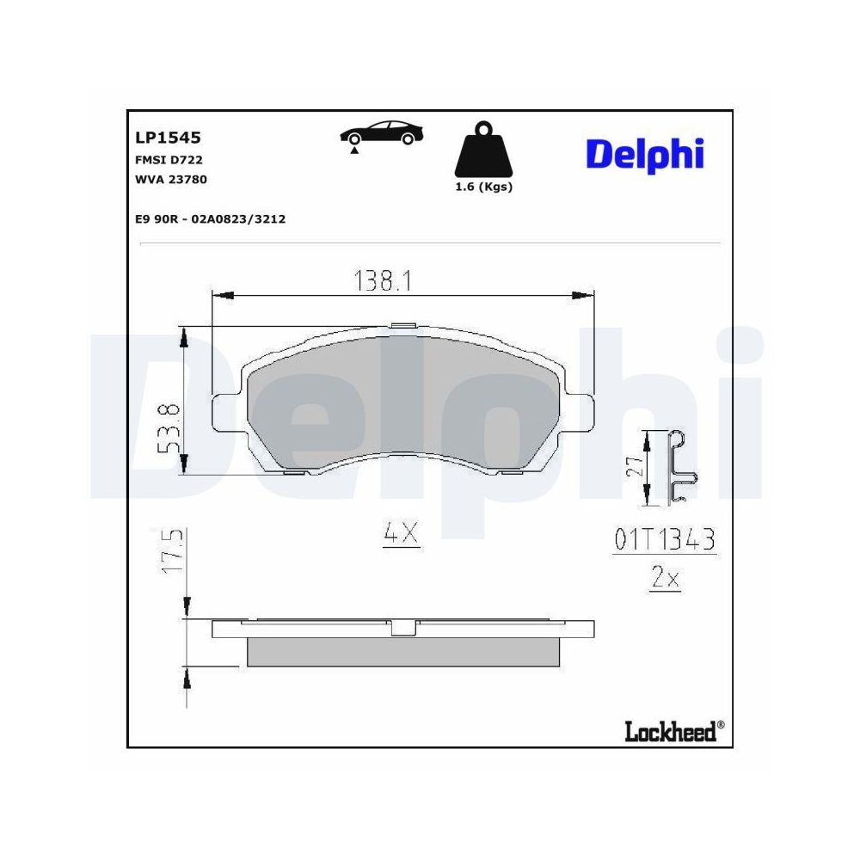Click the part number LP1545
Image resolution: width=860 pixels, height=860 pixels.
click(x=168, y=137)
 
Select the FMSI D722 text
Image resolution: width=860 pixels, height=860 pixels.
click(x=169, y=159)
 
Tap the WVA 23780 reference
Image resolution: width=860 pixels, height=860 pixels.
click(x=171, y=179)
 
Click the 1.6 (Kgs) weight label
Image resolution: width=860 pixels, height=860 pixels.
click(x=482, y=187)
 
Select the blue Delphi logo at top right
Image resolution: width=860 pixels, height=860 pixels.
click(x=645, y=154)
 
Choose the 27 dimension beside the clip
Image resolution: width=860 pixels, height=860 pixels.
click(x=634, y=467)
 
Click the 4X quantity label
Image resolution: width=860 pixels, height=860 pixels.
click(x=400, y=534)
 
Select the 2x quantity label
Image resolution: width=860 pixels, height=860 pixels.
click(x=665, y=579)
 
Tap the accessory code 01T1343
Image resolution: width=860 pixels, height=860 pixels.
click(x=664, y=540)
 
